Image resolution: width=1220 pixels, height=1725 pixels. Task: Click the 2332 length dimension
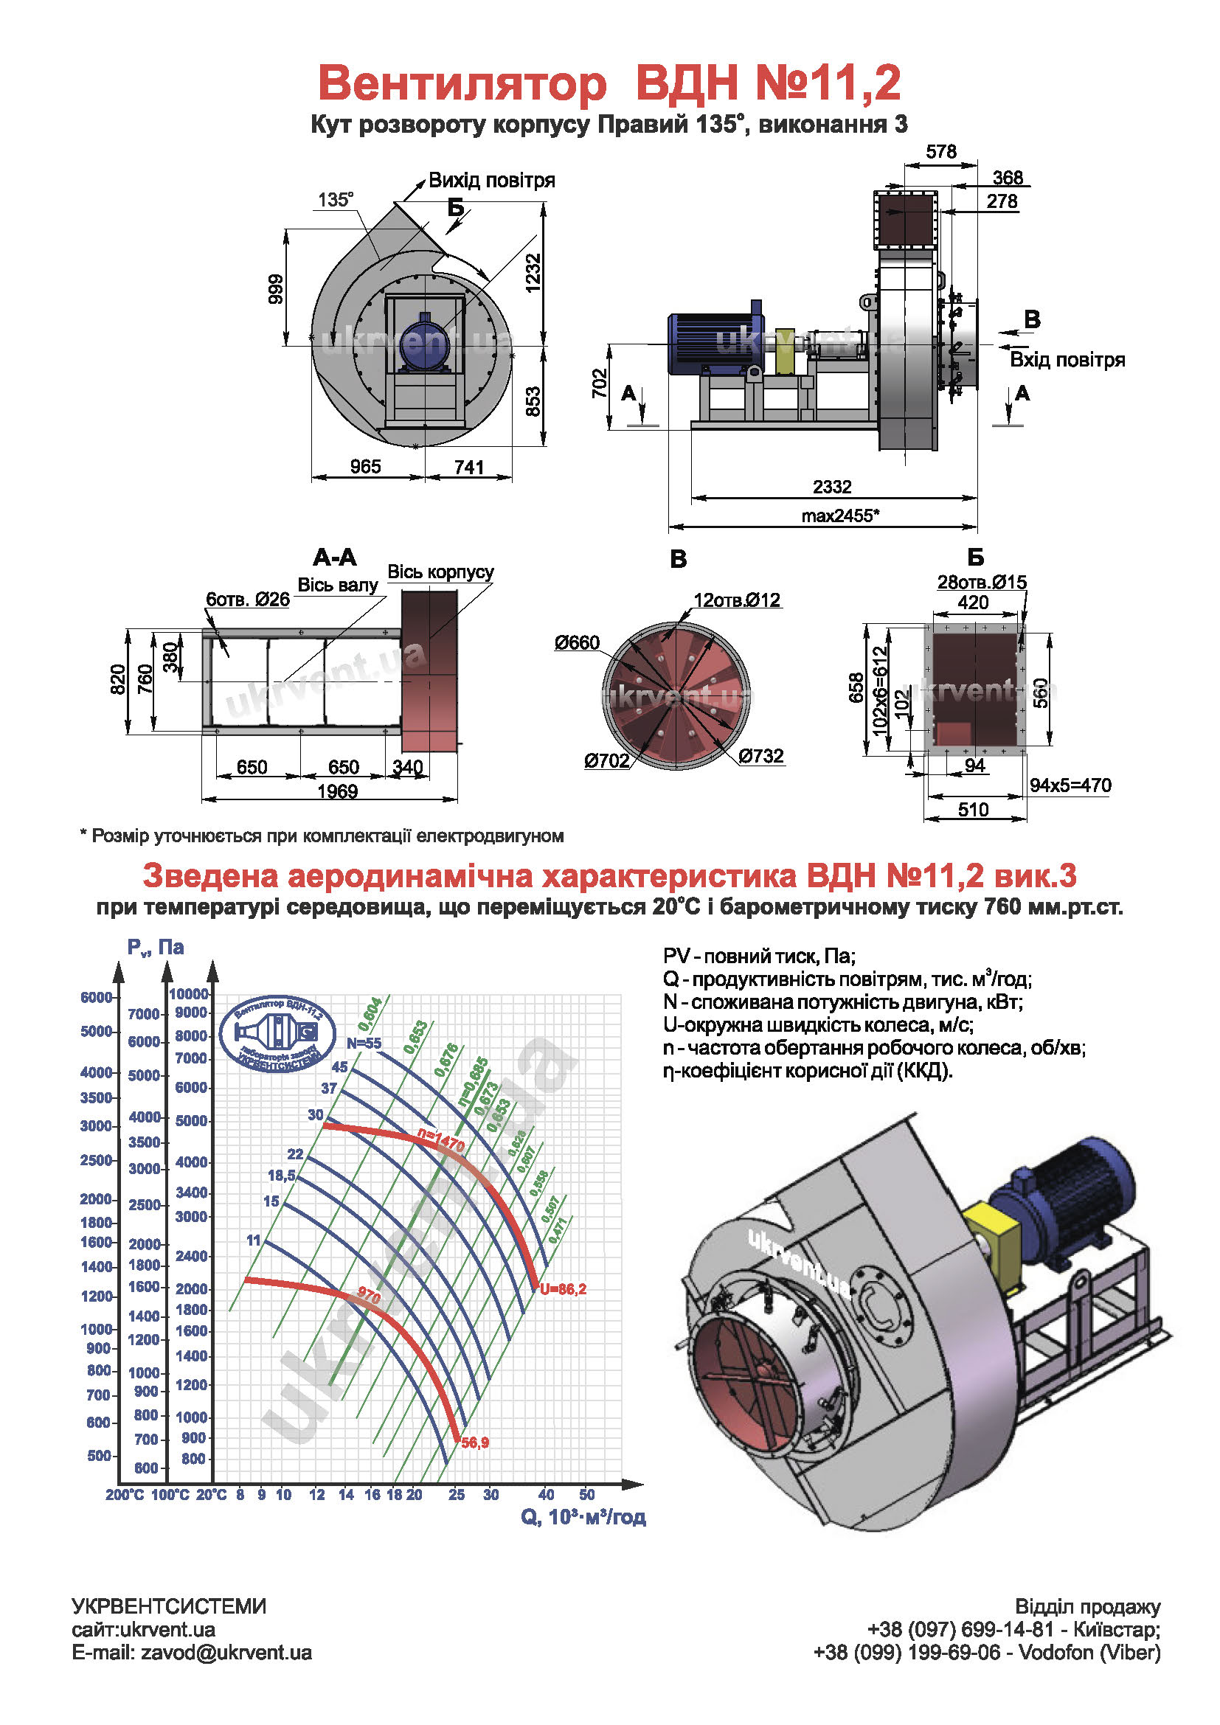click(x=831, y=487)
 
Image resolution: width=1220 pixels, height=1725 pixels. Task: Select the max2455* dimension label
click(x=840, y=516)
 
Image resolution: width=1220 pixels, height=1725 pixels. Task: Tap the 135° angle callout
click(x=335, y=200)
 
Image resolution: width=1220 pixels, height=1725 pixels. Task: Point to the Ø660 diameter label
click(x=577, y=643)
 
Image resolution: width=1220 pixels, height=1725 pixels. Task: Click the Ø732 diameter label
click(x=760, y=756)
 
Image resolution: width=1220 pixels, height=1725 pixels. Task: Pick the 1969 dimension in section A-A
click(x=337, y=791)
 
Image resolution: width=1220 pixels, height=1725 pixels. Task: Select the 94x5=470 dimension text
click(x=1070, y=785)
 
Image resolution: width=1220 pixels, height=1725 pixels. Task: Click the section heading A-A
click(x=335, y=558)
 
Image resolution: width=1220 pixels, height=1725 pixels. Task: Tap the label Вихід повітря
click(x=491, y=180)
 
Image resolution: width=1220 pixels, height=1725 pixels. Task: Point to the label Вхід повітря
click(x=1067, y=360)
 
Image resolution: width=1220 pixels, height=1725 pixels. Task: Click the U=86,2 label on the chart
click(x=563, y=1289)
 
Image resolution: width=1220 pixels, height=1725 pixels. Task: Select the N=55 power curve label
click(x=364, y=1044)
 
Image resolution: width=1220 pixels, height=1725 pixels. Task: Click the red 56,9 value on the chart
click(x=475, y=1443)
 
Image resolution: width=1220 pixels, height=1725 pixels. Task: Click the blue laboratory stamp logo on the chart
click(x=277, y=1034)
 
